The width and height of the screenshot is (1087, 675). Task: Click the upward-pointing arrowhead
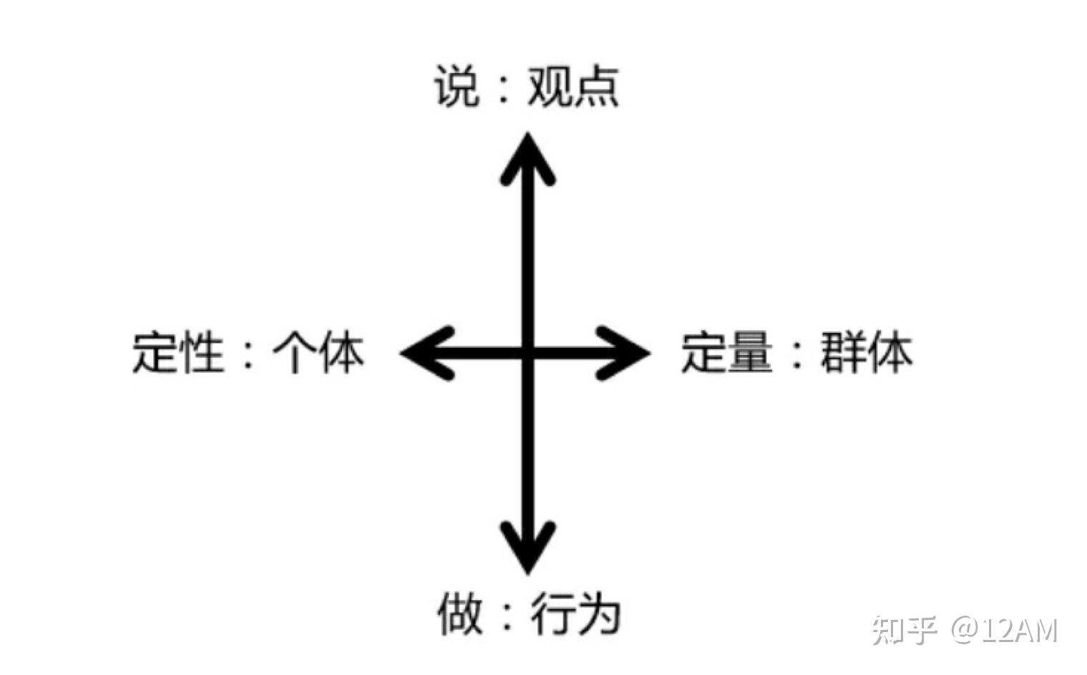(527, 154)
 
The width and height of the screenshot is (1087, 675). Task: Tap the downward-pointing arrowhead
(527, 551)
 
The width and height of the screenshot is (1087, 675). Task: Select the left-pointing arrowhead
(422, 353)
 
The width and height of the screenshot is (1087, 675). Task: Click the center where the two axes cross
(527, 353)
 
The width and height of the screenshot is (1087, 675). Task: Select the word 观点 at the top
(572, 88)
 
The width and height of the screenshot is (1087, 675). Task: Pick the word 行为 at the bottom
(574, 615)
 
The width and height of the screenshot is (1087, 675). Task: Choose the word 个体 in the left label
(318, 353)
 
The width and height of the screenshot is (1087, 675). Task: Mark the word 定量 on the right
(726, 353)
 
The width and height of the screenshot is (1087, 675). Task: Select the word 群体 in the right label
(866, 353)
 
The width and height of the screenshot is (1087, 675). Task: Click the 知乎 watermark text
(904, 631)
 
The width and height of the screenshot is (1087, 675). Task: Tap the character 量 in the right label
(749, 353)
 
